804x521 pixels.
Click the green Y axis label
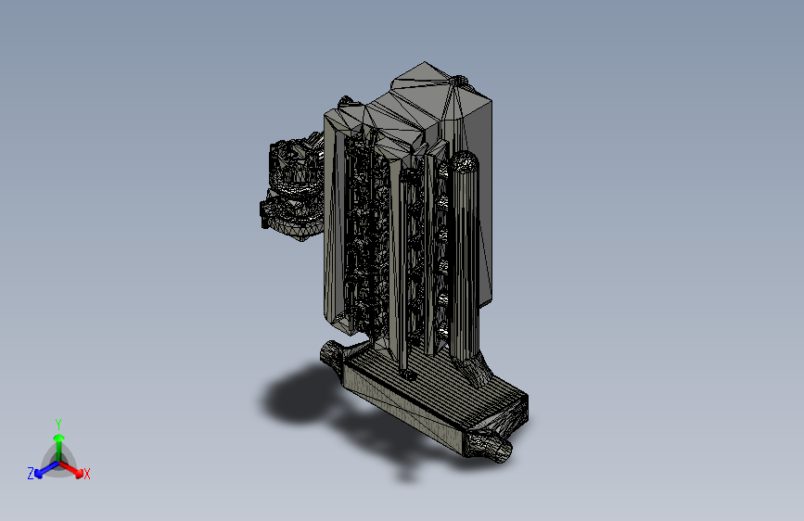coord(57,425)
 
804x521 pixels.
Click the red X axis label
coord(86,474)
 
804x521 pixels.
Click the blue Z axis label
coord(31,474)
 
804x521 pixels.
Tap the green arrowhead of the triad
coord(59,438)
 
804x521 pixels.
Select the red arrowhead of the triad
coord(79,472)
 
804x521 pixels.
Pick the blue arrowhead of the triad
coord(38,474)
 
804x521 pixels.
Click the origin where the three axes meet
coord(59,463)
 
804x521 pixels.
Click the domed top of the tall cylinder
coord(465,160)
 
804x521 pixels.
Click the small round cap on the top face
coord(460,81)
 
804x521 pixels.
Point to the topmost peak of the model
coord(424,62)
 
